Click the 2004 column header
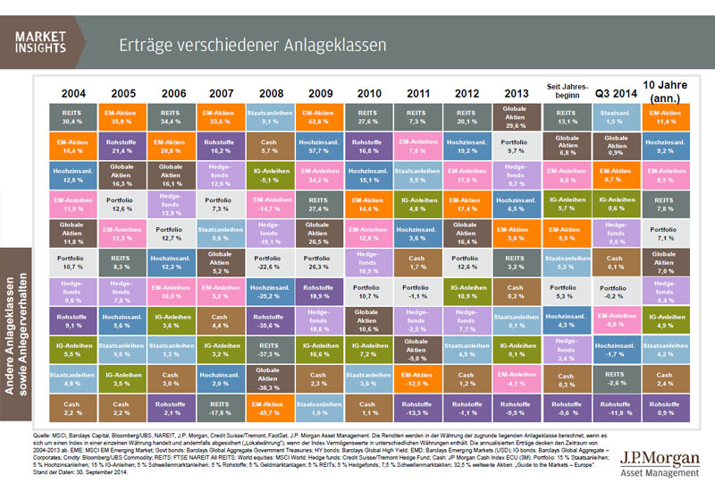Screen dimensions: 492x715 coord(73,92)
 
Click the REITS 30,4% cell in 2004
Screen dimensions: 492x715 coord(73,118)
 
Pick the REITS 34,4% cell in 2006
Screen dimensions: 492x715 coord(170,118)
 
